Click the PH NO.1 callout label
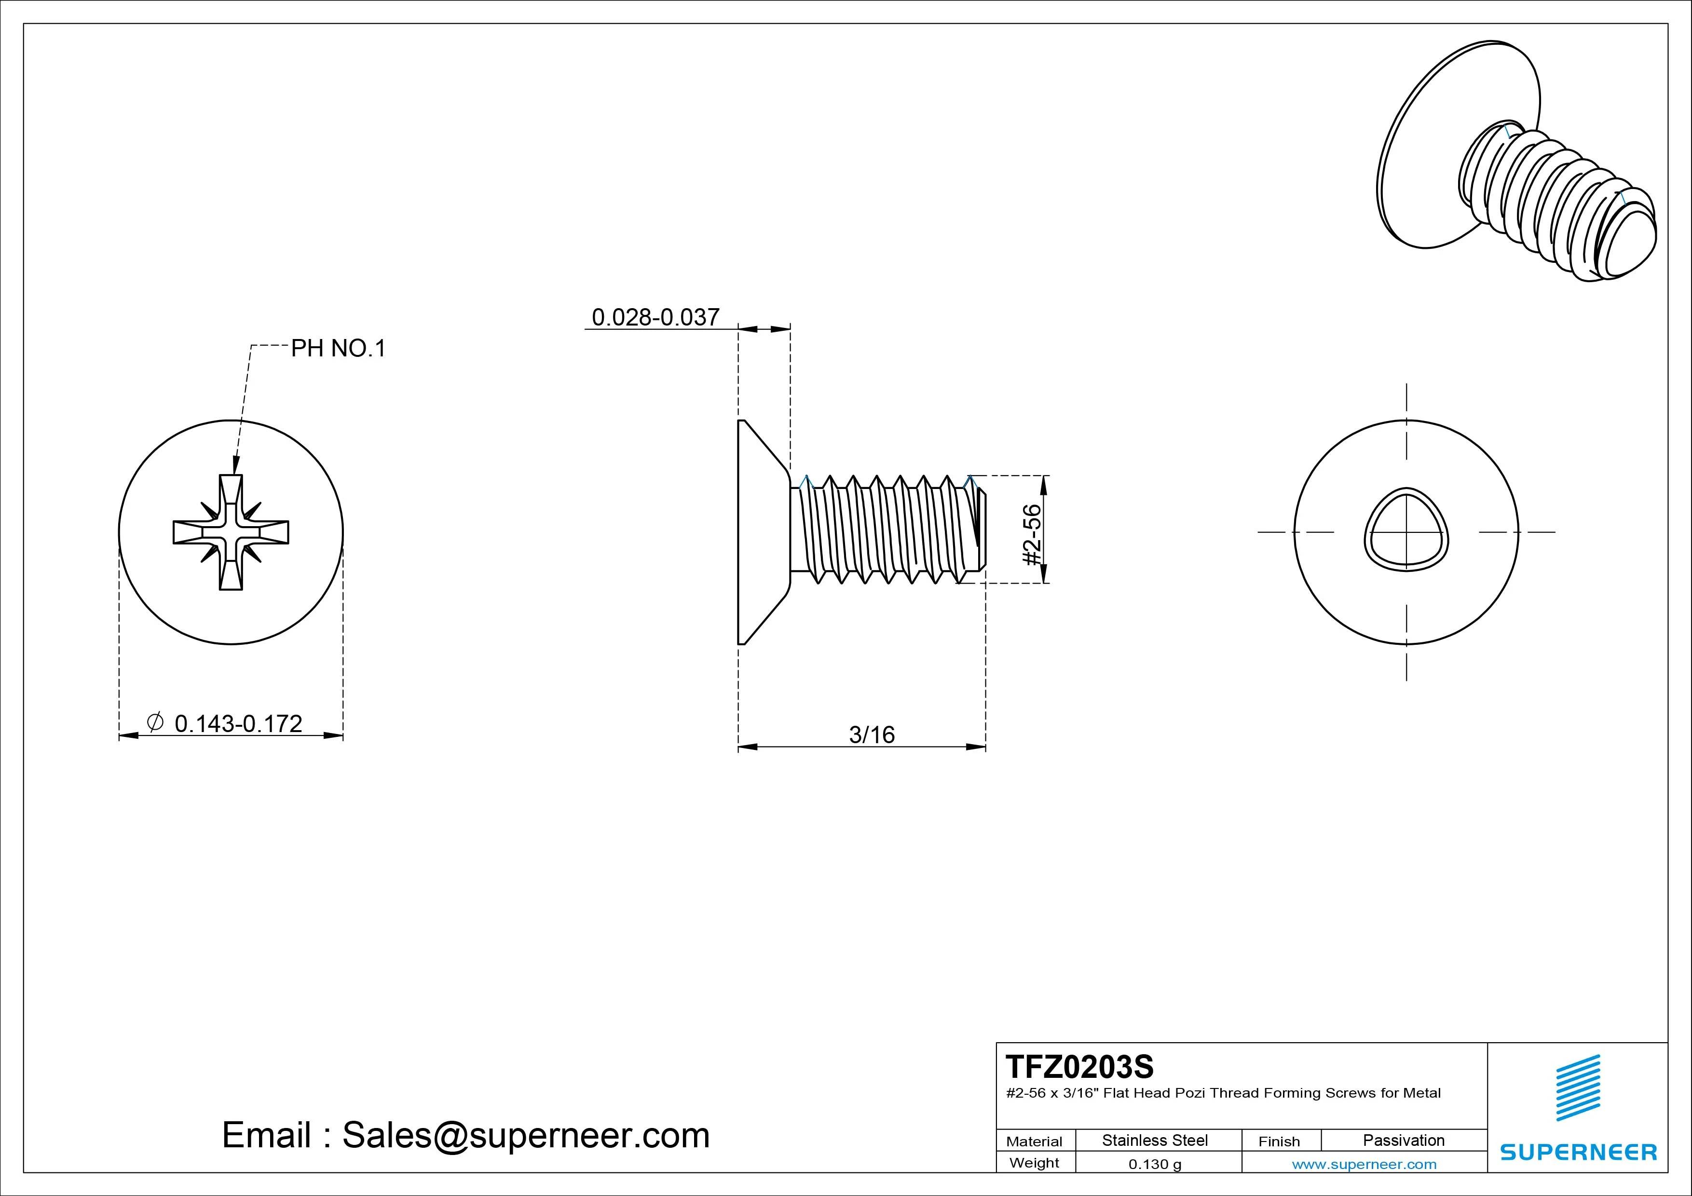338,349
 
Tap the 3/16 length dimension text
872,734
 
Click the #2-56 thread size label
1033,534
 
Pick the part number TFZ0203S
1079,1066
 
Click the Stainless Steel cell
1155,1140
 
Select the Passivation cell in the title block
1403,1140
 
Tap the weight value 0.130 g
1155,1164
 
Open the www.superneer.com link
1364,1164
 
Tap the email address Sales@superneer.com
525,1136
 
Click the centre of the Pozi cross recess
231,532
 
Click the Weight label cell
1034,1163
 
